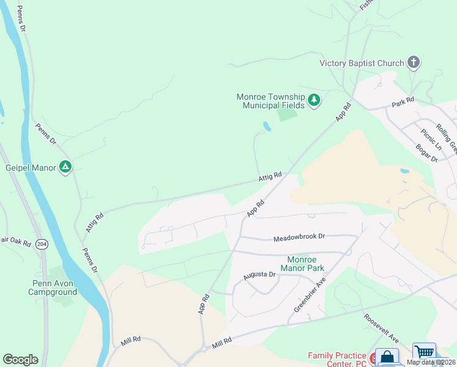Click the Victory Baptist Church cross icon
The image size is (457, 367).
414,62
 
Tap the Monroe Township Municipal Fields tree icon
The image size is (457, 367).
314,100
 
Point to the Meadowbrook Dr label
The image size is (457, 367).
299,237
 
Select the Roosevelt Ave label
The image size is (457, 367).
381,329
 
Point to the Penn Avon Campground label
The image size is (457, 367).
53,287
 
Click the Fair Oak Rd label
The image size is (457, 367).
15,241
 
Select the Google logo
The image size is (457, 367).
20,360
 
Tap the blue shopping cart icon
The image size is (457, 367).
424,353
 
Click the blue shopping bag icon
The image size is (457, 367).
387,357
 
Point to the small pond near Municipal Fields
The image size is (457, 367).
266,126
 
